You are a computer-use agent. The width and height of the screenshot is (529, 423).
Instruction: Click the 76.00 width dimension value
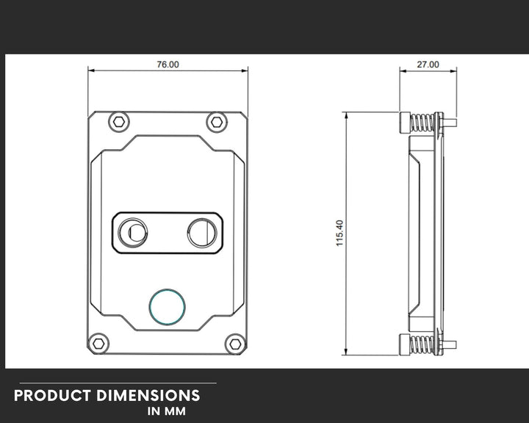pyautogui.click(x=168, y=64)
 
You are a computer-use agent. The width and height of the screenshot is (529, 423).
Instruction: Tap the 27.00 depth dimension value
pyautogui.click(x=428, y=64)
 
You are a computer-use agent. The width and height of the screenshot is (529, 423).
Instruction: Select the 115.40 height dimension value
pyautogui.click(x=339, y=233)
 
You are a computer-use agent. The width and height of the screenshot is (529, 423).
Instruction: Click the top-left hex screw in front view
pyautogui.click(x=119, y=122)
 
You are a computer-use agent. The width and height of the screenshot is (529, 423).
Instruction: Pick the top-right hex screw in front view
pyautogui.click(x=217, y=122)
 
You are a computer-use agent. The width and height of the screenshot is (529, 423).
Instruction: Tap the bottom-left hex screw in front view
pyautogui.click(x=98, y=344)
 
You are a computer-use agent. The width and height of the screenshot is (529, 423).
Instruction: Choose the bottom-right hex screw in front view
pyautogui.click(x=235, y=344)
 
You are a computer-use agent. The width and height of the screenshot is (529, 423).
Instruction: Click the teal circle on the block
pyautogui.click(x=167, y=307)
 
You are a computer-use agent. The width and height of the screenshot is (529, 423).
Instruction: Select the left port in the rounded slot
pyautogui.click(x=132, y=232)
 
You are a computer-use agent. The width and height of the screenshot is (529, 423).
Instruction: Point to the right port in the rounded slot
pyautogui.click(x=203, y=232)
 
